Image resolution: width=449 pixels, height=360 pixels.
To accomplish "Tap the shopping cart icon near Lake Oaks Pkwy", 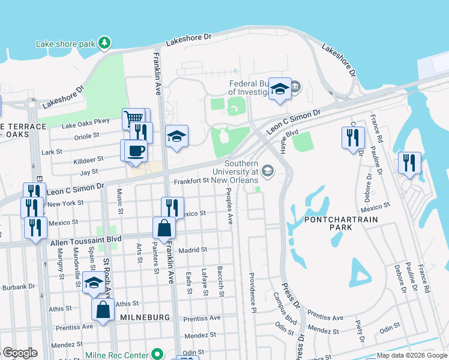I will tap(133, 118).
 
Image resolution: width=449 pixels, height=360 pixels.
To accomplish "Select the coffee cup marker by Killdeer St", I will tap(135, 150).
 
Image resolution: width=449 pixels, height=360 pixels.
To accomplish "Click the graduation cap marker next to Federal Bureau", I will tap(279, 89).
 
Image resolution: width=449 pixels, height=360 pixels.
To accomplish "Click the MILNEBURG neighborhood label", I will tap(145, 317).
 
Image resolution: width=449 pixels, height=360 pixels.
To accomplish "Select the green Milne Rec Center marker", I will tap(157, 355).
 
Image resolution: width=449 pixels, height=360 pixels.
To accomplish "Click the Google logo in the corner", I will tap(19, 353).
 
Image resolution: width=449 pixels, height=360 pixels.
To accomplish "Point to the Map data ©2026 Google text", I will tap(411, 355).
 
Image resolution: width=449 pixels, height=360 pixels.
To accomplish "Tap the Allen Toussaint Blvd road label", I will tap(85, 239).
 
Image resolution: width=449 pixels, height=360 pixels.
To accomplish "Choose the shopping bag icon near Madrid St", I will tap(164, 228).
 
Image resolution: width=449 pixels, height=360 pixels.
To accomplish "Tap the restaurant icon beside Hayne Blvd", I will tap(353, 137).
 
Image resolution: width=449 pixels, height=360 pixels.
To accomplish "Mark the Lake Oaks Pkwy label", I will tap(86, 125).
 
